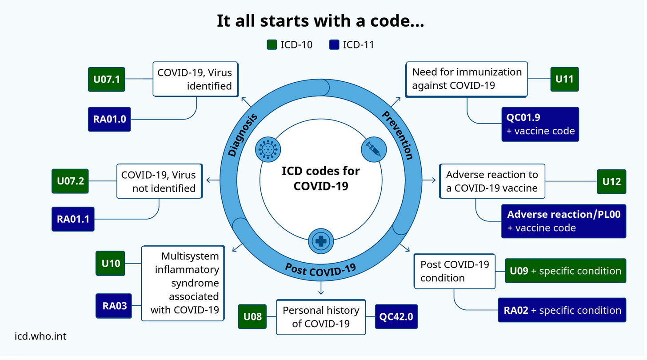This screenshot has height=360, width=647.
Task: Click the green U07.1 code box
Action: pos(106,79)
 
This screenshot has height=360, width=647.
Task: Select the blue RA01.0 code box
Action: pos(109,119)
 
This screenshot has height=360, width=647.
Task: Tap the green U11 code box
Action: pos(564,79)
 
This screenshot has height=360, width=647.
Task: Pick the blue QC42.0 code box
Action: pos(396,317)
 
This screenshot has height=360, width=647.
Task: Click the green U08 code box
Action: pos(252,317)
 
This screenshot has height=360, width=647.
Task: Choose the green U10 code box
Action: pos(111,263)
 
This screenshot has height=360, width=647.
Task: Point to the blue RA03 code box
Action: pos(114,305)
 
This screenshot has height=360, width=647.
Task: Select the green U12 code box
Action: pos(611,181)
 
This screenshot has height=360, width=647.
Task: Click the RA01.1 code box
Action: pos(73,219)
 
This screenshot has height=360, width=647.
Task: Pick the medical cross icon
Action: pos(320,241)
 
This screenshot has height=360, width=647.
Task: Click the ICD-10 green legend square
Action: pos(272,45)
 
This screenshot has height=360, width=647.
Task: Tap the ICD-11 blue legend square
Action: pos(335,45)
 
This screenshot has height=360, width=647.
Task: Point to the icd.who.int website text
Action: pos(40,336)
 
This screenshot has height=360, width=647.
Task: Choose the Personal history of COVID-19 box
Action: pos(321,317)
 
